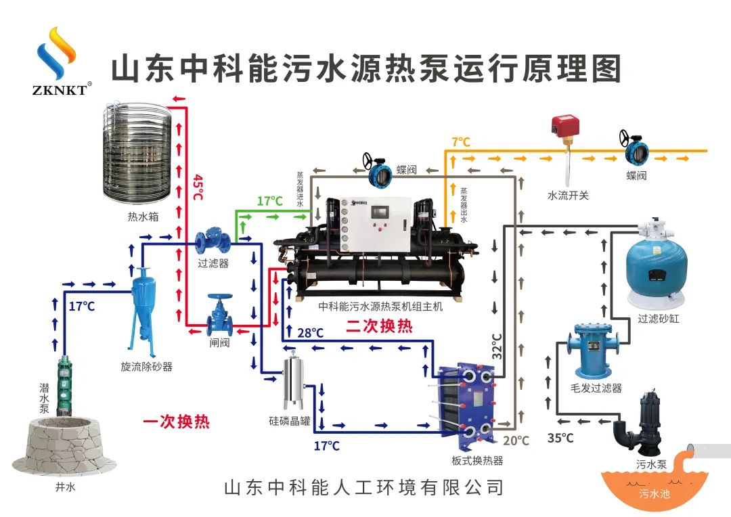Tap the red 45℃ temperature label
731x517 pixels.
coord(198,187)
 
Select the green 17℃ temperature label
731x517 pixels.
coord(269,201)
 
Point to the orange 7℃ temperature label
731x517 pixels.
coord(461,142)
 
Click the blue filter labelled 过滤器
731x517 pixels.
coord(213,242)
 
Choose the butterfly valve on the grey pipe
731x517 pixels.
coord(378,175)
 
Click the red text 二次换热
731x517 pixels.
coord(379,326)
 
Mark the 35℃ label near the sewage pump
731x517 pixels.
coord(560,438)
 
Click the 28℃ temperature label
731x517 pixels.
coord(310,333)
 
